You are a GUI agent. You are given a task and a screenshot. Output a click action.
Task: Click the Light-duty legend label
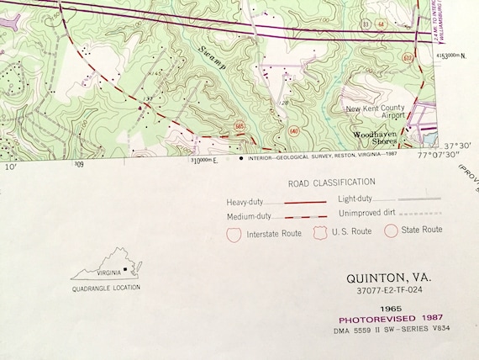click(x=358, y=199)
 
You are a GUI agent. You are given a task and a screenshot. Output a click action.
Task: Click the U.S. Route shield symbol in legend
click(x=319, y=230)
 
